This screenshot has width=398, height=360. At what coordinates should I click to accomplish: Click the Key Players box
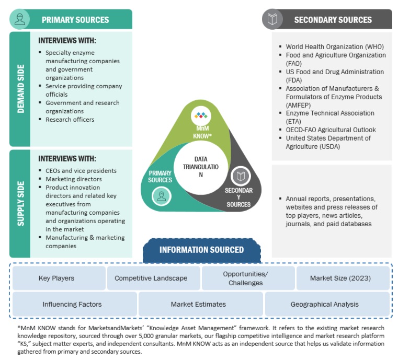(x=56, y=278)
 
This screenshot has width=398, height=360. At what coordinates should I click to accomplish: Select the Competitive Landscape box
(x=151, y=278)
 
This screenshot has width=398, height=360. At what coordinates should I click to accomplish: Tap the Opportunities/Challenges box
(x=245, y=278)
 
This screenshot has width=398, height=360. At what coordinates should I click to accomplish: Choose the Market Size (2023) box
(x=340, y=278)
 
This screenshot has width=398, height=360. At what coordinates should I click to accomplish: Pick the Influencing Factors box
(x=72, y=304)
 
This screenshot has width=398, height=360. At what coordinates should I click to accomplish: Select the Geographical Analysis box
(x=325, y=304)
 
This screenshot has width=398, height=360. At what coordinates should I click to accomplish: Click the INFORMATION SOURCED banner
(x=201, y=250)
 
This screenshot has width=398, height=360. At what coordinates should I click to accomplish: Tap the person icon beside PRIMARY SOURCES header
(x=20, y=19)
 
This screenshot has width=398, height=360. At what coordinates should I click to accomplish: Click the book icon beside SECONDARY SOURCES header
(x=272, y=19)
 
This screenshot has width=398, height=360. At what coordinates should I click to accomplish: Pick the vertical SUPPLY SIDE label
(x=20, y=204)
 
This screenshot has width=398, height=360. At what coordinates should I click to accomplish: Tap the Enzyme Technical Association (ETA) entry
(x=329, y=117)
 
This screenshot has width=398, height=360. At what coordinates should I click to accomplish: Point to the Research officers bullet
(x=70, y=119)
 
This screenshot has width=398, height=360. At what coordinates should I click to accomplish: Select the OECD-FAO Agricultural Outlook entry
(x=331, y=130)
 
